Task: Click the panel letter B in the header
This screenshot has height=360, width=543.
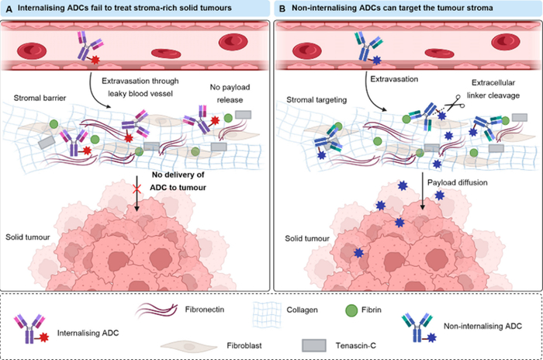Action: (x=282, y=9)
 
